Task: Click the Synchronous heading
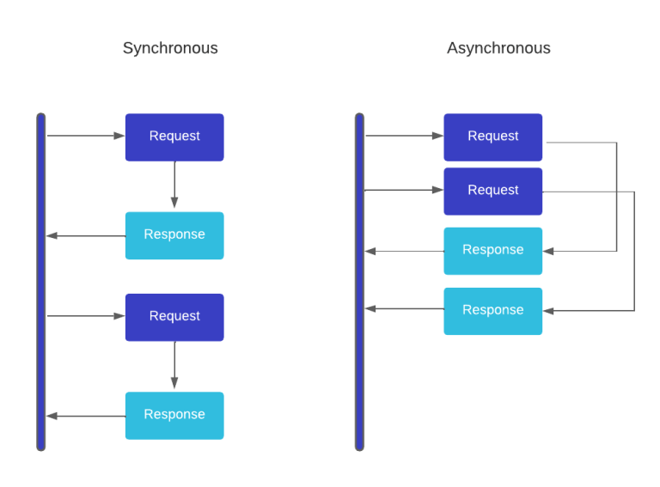point(170,48)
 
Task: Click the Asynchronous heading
point(498,48)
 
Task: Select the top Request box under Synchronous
point(174,137)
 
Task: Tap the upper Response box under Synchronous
point(174,235)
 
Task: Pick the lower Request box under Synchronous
point(174,317)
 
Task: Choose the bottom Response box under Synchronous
point(174,415)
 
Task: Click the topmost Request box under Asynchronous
point(492,137)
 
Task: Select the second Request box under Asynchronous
point(492,191)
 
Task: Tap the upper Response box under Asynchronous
point(492,251)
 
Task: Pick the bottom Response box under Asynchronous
point(492,311)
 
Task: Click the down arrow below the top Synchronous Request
point(174,185)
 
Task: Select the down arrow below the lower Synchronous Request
point(174,365)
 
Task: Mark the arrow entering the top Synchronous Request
point(86,136)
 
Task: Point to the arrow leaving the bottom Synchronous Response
point(86,416)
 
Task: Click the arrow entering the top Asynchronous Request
point(404,136)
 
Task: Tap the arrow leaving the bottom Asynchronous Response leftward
point(404,308)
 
